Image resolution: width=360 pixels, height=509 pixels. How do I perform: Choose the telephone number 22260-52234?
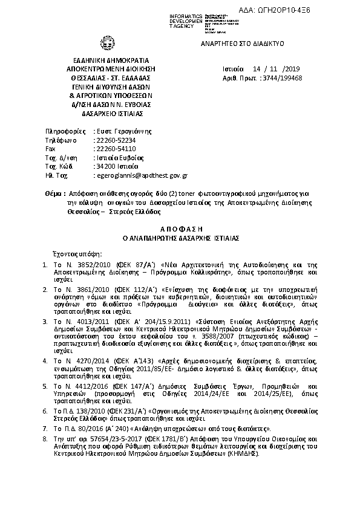click(115, 140)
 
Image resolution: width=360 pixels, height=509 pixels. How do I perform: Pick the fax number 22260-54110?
click(115, 148)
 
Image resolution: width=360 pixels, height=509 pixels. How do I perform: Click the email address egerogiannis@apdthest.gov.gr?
click(142, 174)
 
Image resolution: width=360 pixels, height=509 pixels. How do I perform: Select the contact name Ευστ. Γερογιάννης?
click(123, 131)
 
